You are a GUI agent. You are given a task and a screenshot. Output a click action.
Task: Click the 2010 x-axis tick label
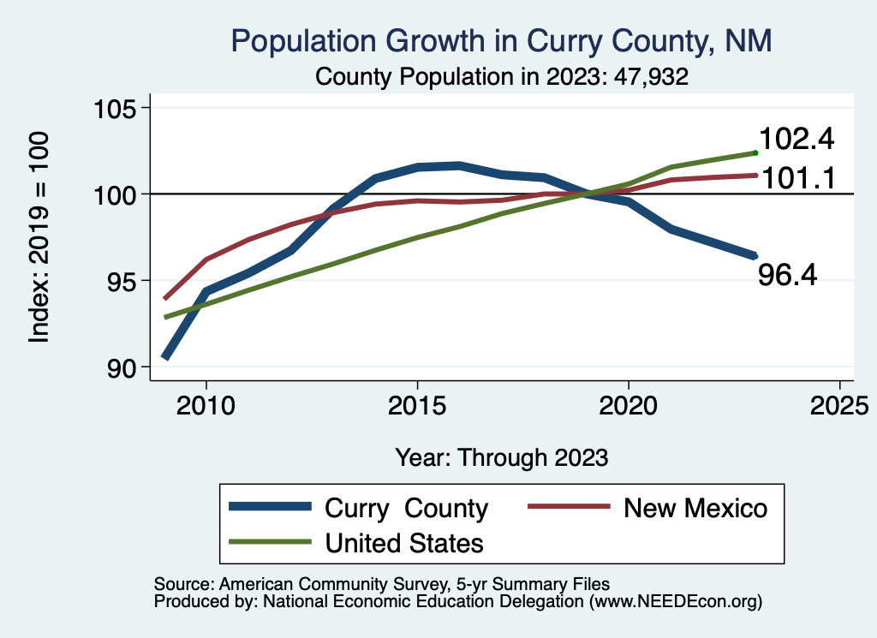(x=206, y=403)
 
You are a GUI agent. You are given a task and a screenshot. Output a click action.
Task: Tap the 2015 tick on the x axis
(x=417, y=403)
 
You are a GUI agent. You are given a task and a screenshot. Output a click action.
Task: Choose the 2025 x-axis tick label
(x=839, y=403)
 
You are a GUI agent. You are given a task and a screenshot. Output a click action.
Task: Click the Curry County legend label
(x=406, y=508)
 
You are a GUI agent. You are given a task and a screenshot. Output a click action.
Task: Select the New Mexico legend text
(x=695, y=508)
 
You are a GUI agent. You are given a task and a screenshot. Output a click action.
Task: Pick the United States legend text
(x=404, y=542)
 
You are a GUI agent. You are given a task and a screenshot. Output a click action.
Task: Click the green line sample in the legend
(x=269, y=542)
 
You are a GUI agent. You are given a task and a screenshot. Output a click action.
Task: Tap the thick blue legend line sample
(x=269, y=508)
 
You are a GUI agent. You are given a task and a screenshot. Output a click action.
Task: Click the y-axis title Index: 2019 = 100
(x=39, y=237)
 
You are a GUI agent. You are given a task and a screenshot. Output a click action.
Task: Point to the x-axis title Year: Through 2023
(x=502, y=457)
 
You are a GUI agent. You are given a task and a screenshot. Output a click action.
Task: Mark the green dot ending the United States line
(x=755, y=152)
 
